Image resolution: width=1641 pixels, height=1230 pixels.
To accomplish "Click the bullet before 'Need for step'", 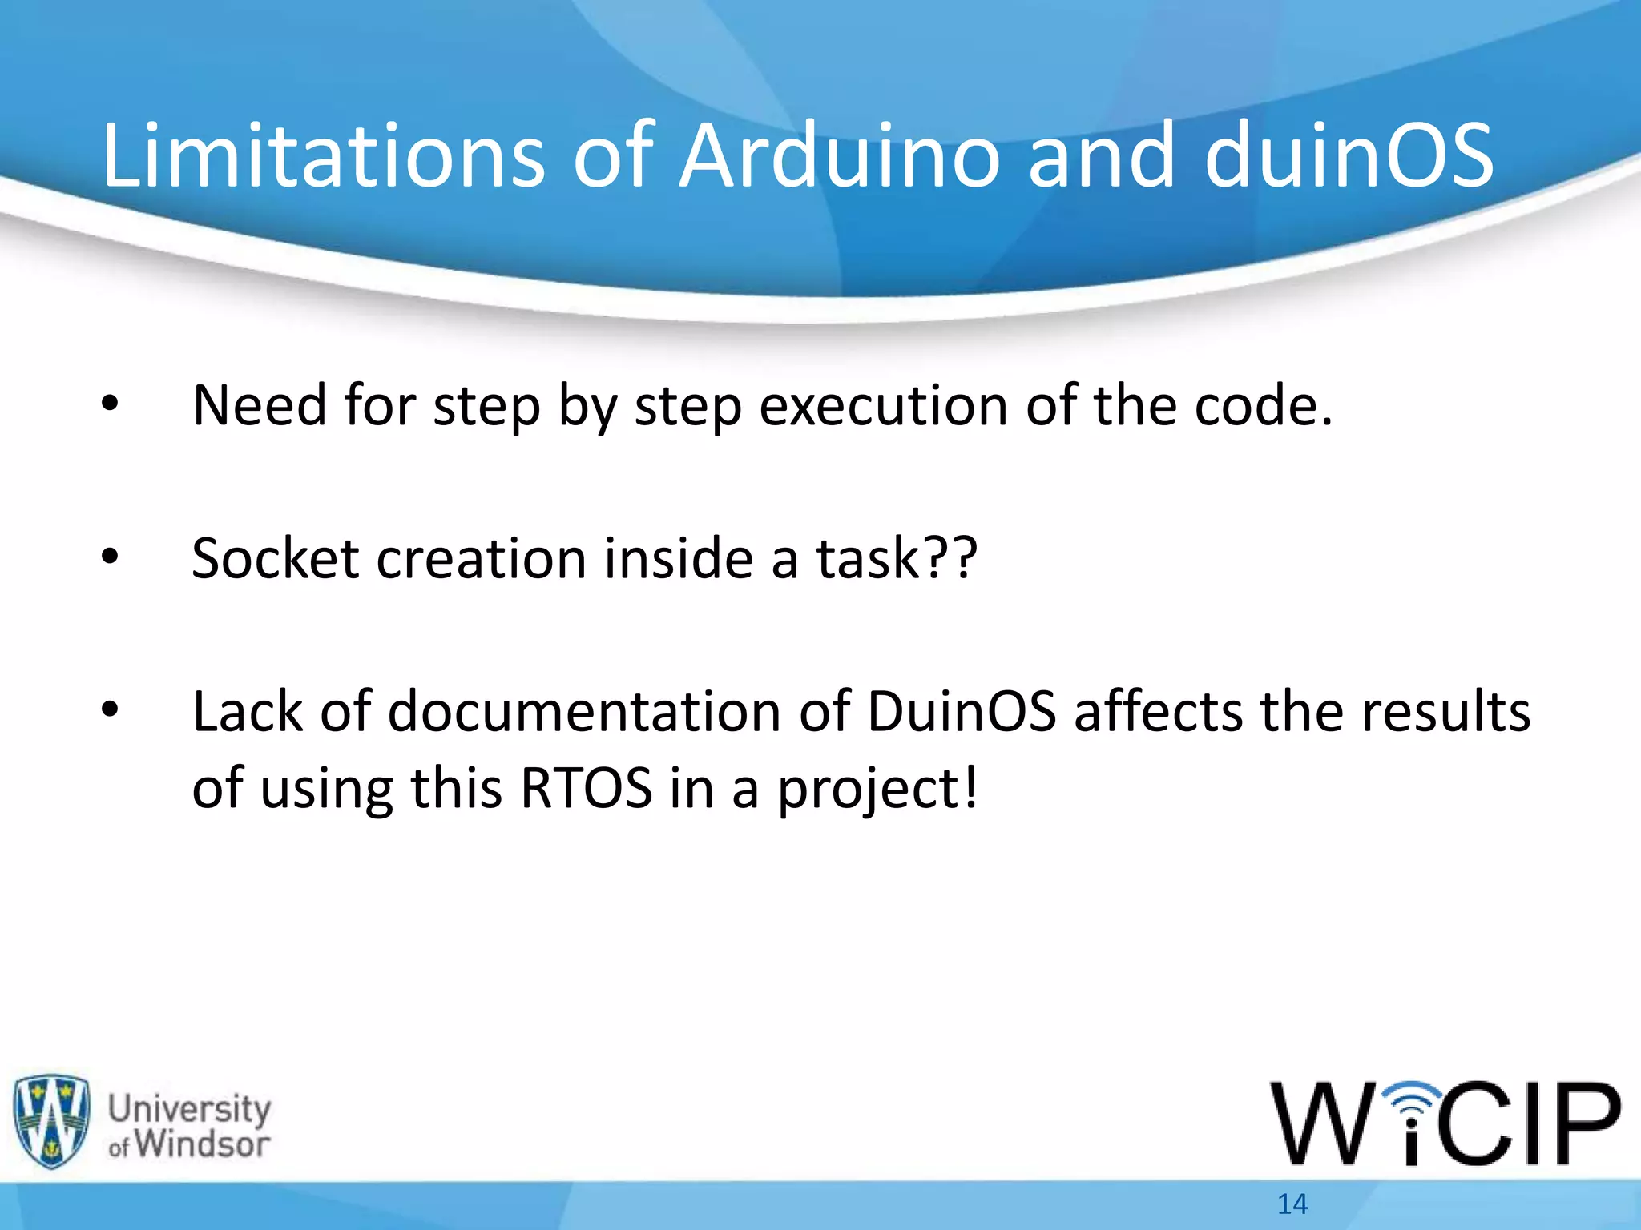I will (110, 405).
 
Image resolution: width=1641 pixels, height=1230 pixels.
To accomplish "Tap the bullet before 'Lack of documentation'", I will (110, 709).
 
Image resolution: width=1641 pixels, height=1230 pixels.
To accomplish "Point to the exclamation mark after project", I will (970, 788).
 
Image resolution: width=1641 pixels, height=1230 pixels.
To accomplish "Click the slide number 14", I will (1292, 1204).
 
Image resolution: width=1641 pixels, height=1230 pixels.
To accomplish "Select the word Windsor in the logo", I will (202, 1144).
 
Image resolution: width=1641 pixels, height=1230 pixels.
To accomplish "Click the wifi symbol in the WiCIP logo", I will (1413, 1101).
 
